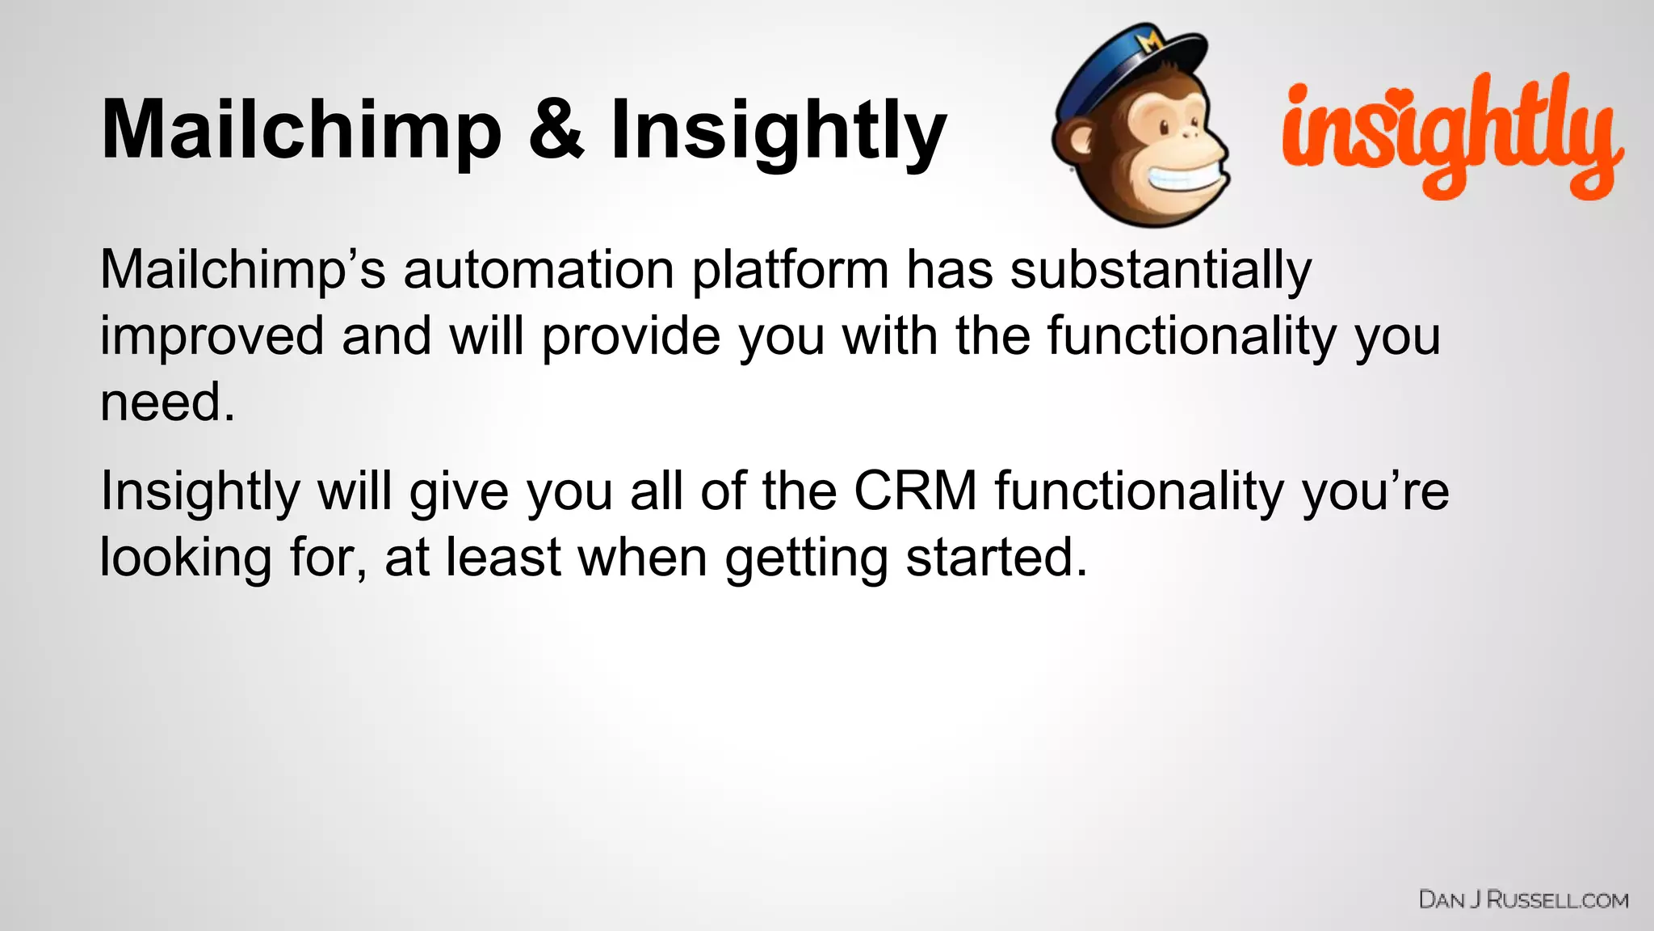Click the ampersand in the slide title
(x=556, y=129)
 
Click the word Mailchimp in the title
(x=301, y=129)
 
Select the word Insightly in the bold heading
(x=778, y=129)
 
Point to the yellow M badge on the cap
(x=1150, y=40)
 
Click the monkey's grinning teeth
(x=1179, y=179)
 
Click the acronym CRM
(x=915, y=491)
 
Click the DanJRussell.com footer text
(x=1523, y=899)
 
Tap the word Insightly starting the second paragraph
(x=200, y=491)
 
